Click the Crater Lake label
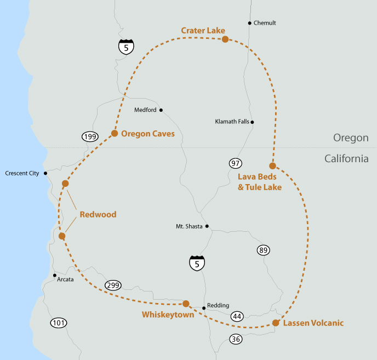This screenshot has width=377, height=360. point(203,31)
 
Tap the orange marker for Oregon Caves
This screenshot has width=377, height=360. point(115,133)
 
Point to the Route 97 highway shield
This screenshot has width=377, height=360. point(235,163)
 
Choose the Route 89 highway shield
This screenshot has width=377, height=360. point(263,250)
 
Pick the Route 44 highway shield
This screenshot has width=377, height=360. point(237,316)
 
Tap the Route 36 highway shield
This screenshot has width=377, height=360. point(236,339)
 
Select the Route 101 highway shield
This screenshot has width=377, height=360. point(59,323)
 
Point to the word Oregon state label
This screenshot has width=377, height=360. point(351,138)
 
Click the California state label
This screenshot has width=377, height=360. point(346,159)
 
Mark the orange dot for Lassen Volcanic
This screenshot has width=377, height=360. point(276,323)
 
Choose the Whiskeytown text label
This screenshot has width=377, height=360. point(168,315)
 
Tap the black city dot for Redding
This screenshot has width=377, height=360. point(204,308)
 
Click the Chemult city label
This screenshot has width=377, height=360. point(265,23)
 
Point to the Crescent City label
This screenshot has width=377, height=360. point(22,173)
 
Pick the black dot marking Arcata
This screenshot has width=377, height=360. point(55,275)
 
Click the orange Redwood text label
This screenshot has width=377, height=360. point(98,214)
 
